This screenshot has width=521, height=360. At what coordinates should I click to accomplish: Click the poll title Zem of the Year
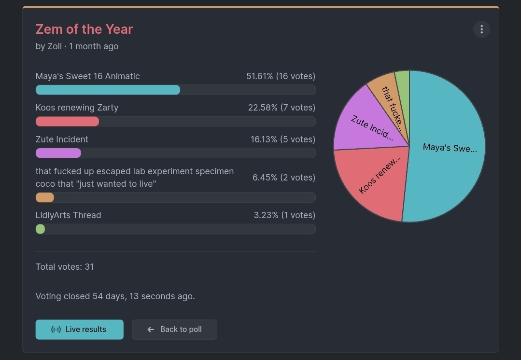[84, 29]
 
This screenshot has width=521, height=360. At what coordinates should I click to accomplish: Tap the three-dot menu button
[481, 29]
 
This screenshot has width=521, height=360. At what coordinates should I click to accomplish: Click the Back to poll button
[174, 330]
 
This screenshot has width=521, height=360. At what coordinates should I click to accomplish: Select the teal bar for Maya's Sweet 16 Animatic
[108, 90]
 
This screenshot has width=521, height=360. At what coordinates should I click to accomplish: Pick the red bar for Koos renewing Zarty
[67, 122]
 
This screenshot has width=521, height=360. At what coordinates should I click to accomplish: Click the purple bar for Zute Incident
[58, 153]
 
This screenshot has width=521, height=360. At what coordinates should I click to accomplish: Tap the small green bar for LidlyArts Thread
[41, 229]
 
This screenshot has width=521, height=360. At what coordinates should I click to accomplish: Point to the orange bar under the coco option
[45, 197]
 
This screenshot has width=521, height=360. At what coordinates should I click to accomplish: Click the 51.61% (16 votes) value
[281, 76]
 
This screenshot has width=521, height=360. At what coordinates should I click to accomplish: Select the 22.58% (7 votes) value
[282, 108]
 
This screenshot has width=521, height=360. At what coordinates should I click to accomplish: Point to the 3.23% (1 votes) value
[284, 215]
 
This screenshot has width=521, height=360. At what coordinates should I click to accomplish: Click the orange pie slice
[388, 97]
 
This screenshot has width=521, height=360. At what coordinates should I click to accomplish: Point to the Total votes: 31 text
[65, 267]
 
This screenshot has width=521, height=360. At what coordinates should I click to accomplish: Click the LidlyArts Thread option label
[68, 215]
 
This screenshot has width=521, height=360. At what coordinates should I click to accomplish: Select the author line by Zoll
[77, 46]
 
